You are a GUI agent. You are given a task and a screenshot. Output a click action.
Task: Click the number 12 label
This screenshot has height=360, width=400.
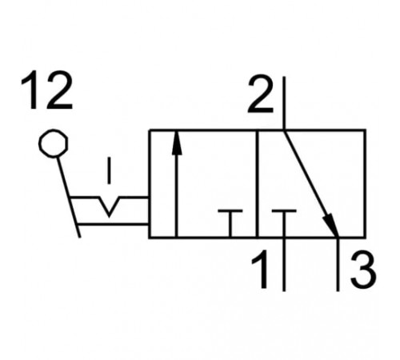pos(46,90)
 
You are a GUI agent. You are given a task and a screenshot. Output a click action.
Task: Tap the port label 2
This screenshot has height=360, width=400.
pos(261,95)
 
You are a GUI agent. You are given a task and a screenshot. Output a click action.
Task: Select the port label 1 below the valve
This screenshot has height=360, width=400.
pos(261,270)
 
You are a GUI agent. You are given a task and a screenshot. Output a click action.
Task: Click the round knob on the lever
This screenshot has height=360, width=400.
pos(54,143)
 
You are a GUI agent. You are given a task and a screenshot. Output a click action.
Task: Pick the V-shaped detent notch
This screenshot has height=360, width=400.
pos(109,206)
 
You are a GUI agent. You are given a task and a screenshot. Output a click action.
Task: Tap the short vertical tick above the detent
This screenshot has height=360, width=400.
pos(109,170)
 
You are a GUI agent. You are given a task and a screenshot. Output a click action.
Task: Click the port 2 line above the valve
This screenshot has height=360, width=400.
pos(284,103)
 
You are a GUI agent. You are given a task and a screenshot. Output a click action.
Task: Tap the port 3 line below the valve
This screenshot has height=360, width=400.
pos(338,264)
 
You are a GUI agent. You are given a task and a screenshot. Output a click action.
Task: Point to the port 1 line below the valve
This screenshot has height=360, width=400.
pos(284,264)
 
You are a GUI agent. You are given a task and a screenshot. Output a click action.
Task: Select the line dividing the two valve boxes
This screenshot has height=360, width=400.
pos(257,183)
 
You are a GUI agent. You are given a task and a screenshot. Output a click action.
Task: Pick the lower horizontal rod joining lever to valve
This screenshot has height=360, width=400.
pos(113,224)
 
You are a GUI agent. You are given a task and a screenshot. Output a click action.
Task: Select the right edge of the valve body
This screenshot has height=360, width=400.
pos(365,183)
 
